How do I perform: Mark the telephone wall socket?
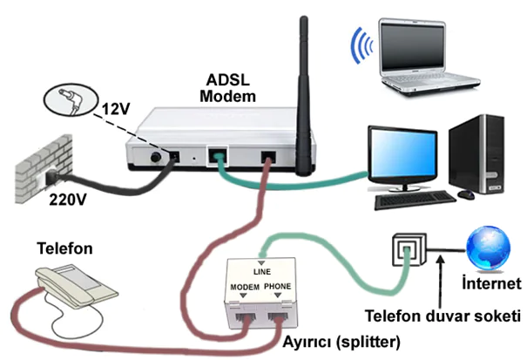(408, 251)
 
